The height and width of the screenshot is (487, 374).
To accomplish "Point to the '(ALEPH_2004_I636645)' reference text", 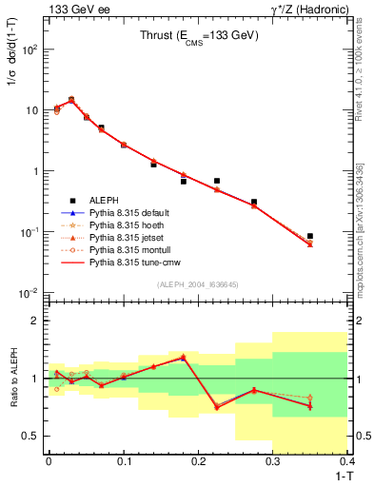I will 199,283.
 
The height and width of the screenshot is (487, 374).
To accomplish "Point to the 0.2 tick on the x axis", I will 198,461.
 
